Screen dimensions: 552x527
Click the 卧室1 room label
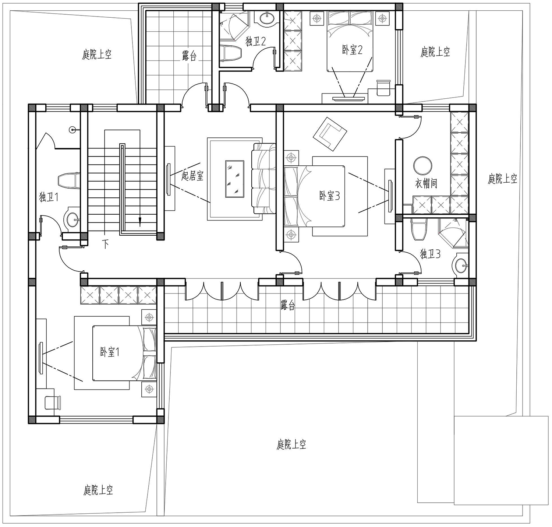tap(110, 352)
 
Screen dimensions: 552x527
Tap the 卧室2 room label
tap(353, 50)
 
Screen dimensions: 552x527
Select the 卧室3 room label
tap(329, 196)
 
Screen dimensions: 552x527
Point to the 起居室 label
tap(192, 176)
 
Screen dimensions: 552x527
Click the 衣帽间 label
tap(426, 183)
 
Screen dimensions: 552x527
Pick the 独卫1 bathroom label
tap(49, 197)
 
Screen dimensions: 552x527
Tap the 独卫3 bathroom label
tap(430, 254)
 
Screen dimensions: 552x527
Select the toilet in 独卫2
tap(230, 53)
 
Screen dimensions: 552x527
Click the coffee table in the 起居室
tap(235, 179)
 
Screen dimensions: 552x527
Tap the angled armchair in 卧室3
tap(330, 134)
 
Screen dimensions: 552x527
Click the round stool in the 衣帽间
tap(423, 165)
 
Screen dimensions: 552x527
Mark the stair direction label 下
tap(106, 244)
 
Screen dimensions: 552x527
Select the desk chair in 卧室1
tap(53, 402)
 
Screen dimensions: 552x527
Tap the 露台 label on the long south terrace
tap(287, 305)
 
